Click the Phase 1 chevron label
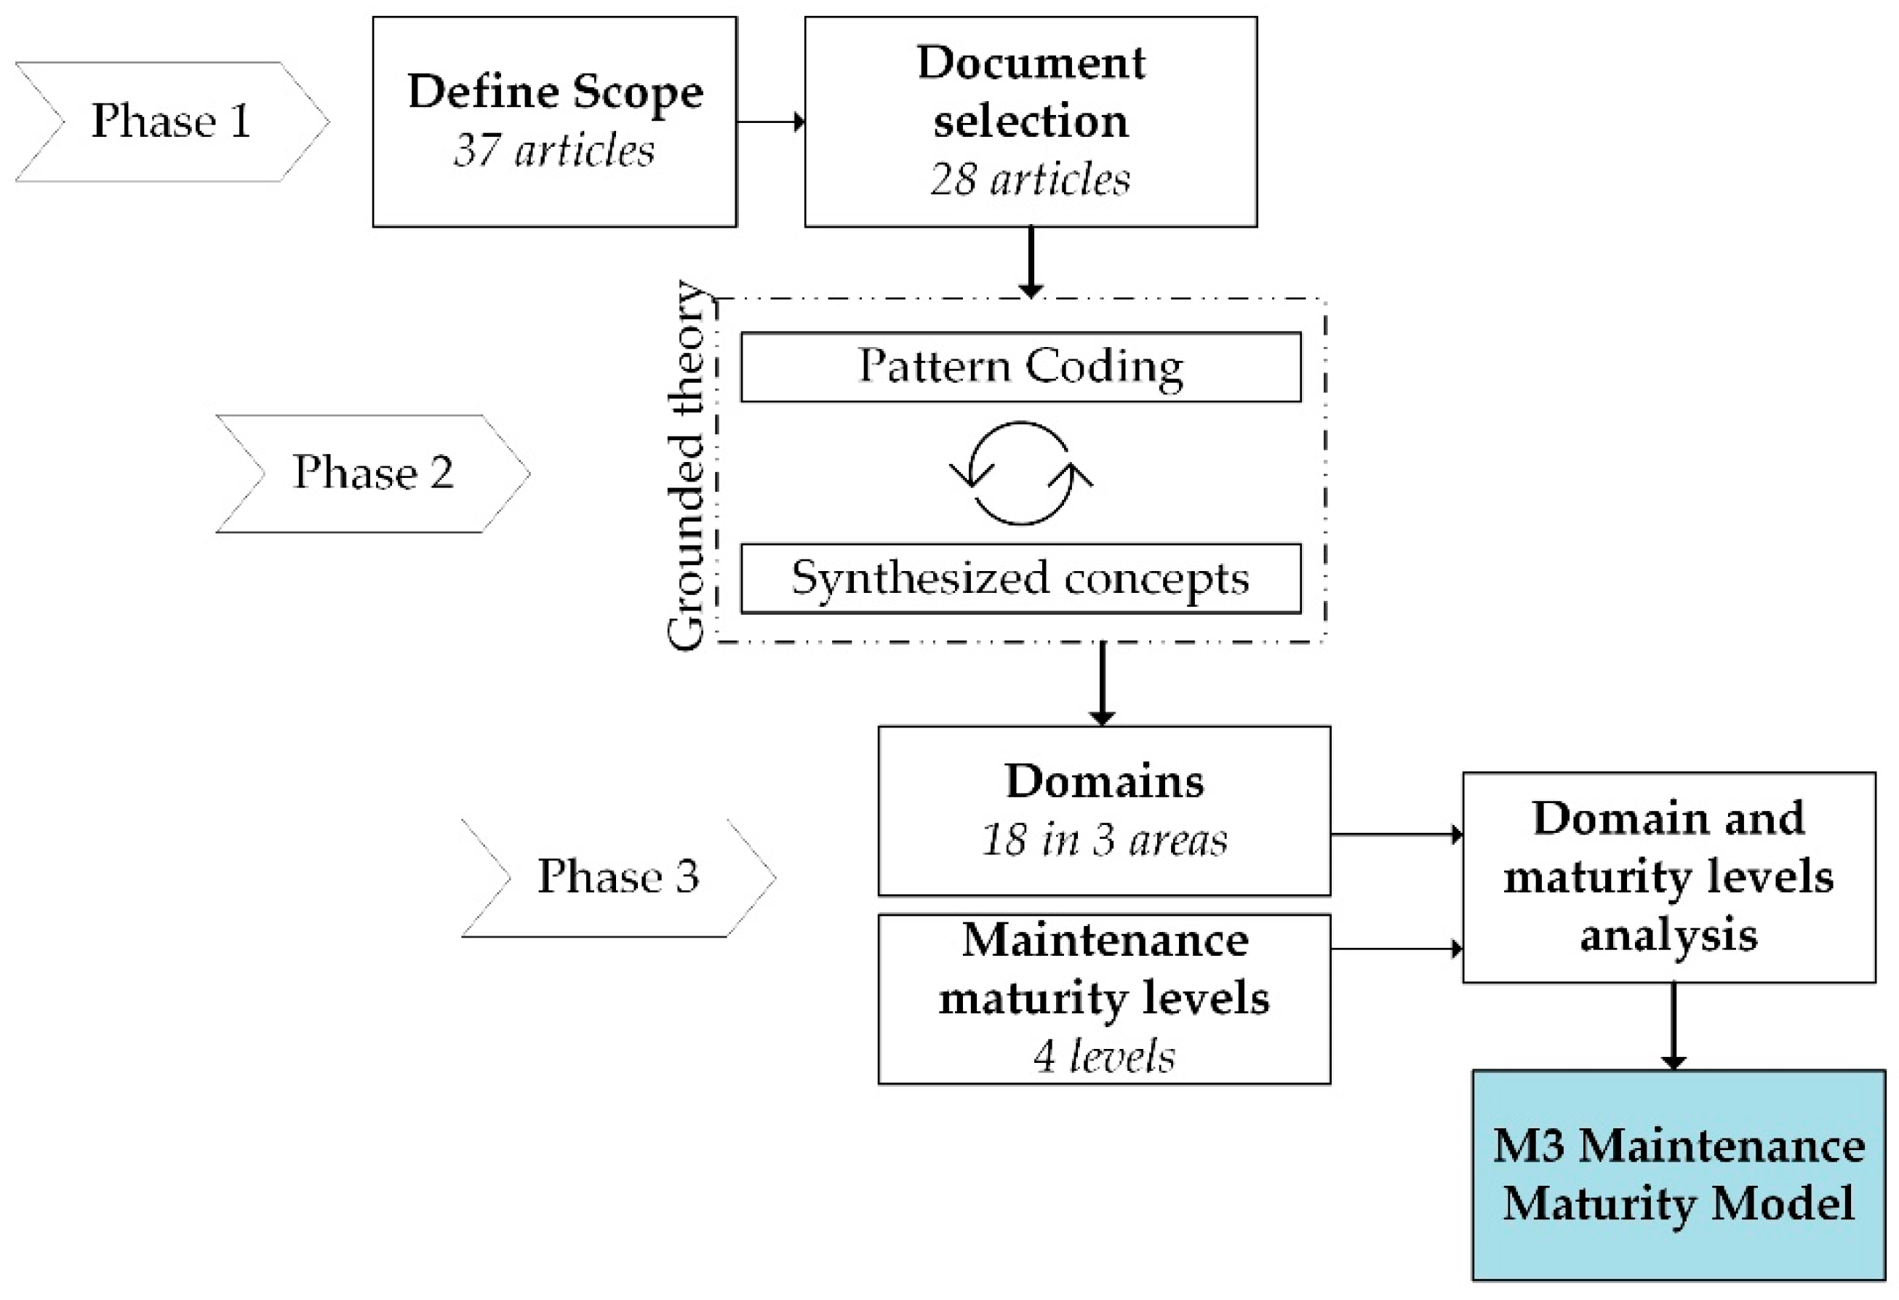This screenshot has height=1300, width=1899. [171, 121]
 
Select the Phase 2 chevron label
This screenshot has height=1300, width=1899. [372, 473]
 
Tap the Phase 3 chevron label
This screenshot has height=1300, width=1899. [617, 877]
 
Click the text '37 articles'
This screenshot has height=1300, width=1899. [554, 151]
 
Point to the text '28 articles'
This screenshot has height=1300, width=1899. [1031, 180]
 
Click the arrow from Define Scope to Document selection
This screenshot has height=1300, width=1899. [769, 122]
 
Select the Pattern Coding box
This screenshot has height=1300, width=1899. [1020, 367]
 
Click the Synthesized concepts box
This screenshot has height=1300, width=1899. [1020, 579]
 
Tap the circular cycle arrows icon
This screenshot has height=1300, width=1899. [1020, 474]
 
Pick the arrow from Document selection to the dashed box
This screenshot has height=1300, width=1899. [1031, 261]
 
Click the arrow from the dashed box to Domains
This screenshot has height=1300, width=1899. [1103, 683]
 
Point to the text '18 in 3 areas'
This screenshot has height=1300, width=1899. [1104, 841]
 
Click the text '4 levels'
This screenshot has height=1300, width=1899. [1104, 1056]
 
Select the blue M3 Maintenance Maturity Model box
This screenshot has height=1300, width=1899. [1679, 1175]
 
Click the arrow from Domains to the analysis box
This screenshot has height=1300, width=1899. [1396, 835]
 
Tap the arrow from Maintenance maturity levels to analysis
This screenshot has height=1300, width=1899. [1396, 949]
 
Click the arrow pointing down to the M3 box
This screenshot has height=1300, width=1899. [1674, 1026]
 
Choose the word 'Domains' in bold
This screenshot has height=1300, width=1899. [1104, 782]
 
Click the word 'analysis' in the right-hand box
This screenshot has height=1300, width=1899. [1668, 936]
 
